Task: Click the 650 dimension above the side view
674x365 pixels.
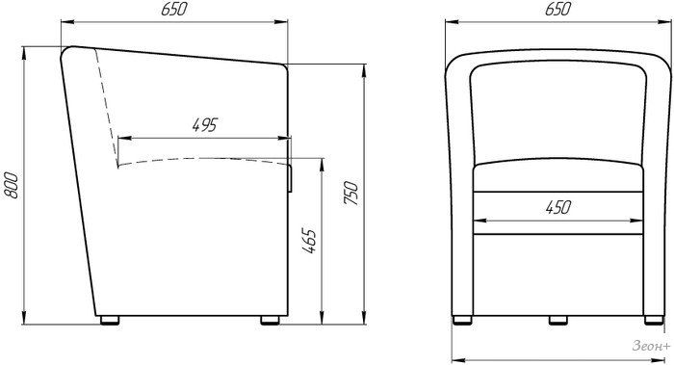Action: point(174,9)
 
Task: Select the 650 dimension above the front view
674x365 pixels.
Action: point(557,9)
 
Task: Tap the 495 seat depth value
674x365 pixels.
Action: point(205,124)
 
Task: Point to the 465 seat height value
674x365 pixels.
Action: point(309,241)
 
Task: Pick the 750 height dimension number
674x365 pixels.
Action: point(350,193)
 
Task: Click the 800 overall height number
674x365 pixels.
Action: point(12,185)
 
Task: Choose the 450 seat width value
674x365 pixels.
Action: point(557,208)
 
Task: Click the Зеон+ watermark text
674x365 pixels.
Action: point(651,346)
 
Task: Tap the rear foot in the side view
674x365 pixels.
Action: point(110,320)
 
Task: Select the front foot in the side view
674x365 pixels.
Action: point(270,320)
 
